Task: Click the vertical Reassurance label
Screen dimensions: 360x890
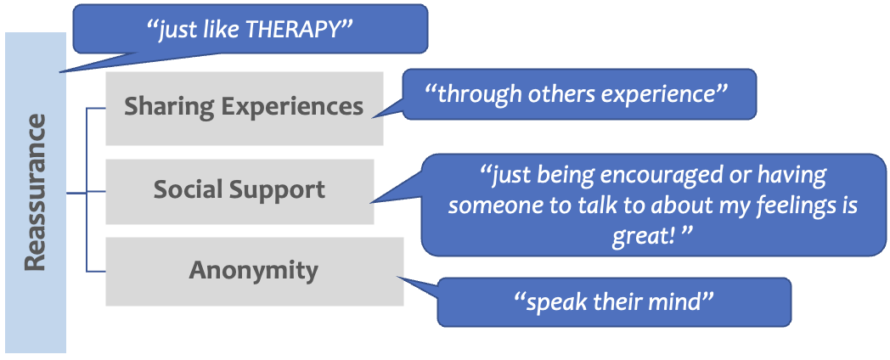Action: [35, 194]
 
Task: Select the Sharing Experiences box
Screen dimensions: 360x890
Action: [244, 108]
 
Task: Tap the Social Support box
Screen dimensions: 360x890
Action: [239, 190]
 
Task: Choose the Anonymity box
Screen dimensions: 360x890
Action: [253, 271]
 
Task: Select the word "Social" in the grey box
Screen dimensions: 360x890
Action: [184, 190]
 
